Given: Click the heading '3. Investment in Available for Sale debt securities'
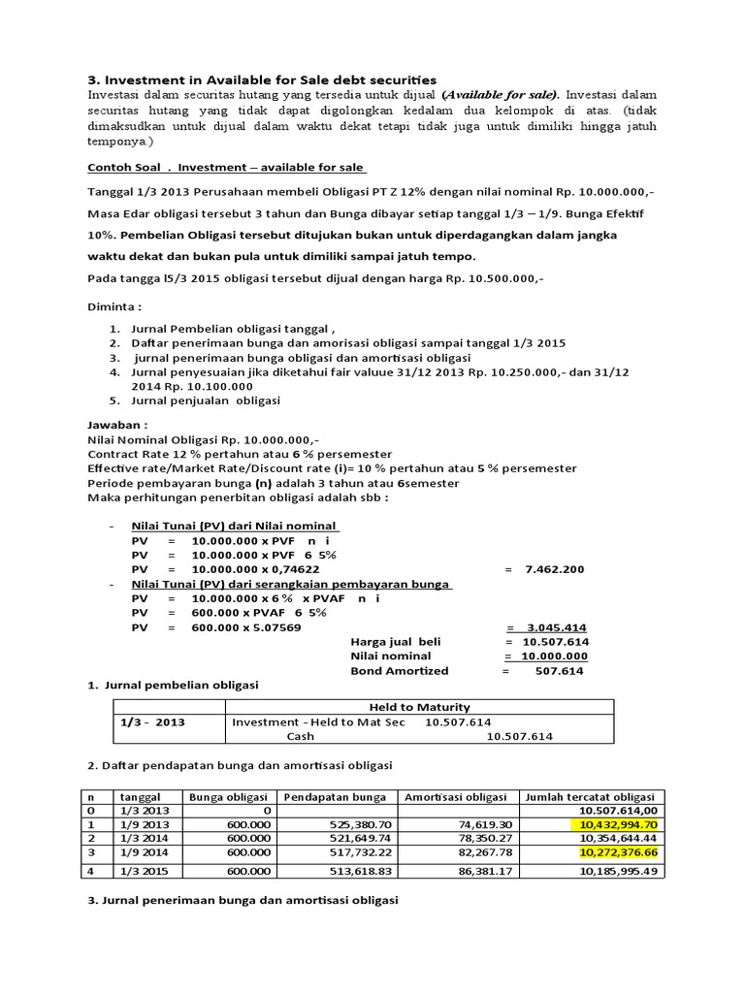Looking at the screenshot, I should tap(262, 80).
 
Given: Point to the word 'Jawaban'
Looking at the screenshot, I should tap(118, 425).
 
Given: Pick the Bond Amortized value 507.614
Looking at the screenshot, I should tap(557, 670).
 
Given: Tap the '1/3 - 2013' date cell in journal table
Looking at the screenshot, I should tap(153, 722).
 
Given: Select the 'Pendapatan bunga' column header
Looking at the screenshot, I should tap(336, 797).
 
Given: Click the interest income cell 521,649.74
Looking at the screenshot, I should tap(357, 837).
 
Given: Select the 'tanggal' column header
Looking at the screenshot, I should tap(140, 797).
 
